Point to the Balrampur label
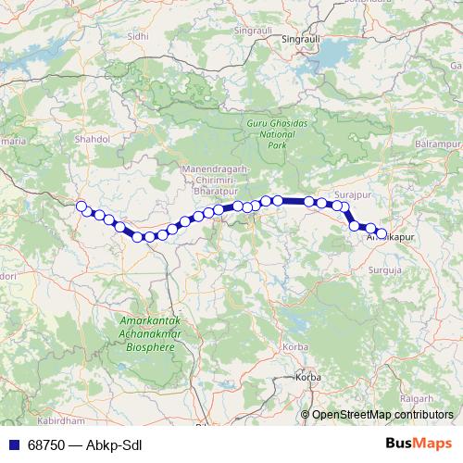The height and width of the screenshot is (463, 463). pyautogui.click(x=438, y=146)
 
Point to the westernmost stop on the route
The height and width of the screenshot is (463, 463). pyautogui.click(x=81, y=206)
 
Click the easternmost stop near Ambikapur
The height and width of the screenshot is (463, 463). pyautogui.click(x=381, y=232)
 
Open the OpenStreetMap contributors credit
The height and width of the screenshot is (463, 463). pyautogui.click(x=382, y=414)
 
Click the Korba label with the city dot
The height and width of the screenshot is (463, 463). pyautogui.click(x=307, y=378)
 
